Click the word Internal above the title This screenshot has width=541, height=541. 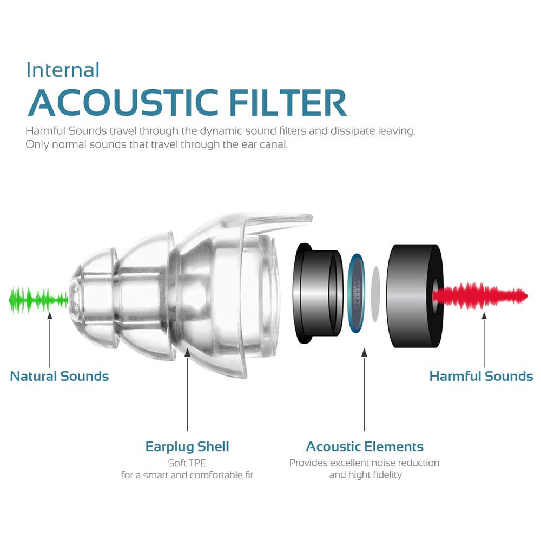click(x=63, y=70)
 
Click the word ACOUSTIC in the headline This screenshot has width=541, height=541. click(x=123, y=103)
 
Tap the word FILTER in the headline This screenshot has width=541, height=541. click(x=288, y=103)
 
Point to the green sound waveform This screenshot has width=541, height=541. click(x=38, y=300)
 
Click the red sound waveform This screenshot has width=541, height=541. click(x=480, y=296)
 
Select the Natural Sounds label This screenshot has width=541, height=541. click(x=60, y=376)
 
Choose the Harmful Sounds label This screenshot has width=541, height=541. click(x=481, y=376)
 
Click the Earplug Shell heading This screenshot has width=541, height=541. click(x=187, y=446)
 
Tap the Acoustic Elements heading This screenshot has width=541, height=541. click(x=364, y=446)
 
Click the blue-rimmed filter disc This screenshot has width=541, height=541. click(x=357, y=294)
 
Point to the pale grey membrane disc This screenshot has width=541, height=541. click(x=375, y=294)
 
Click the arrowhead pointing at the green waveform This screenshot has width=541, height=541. click(x=50, y=315)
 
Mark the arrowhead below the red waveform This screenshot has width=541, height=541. click(x=484, y=315)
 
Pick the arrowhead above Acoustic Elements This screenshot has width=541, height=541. click(x=364, y=352)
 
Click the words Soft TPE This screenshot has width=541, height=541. click(x=187, y=463)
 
